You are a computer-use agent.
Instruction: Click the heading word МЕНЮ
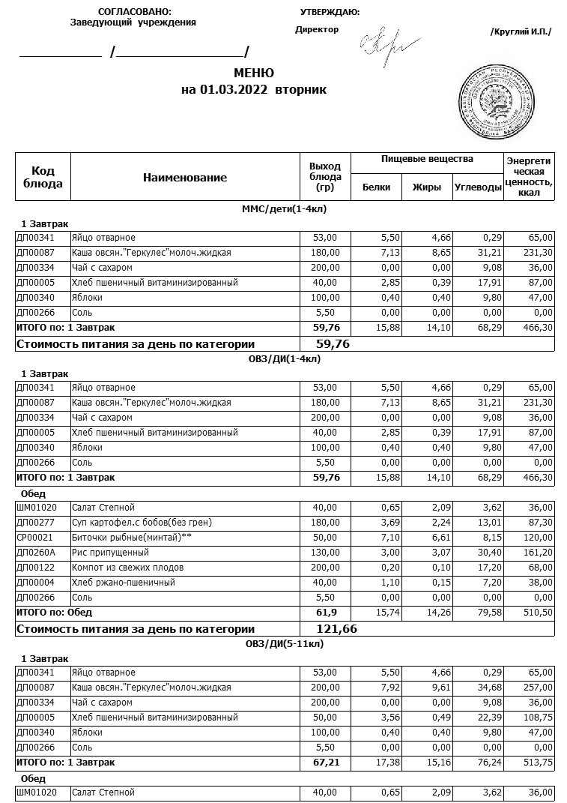pos(254,73)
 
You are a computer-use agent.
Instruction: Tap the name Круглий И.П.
pos(521,32)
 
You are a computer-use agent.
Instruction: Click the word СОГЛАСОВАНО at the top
pos(135,12)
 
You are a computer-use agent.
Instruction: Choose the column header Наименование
pos(185,178)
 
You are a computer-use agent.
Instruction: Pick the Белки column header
pos(376,187)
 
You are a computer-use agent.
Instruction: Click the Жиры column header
pos(427,187)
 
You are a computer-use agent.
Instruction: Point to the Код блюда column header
pos(43,178)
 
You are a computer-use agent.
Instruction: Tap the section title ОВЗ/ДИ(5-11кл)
pos(285,643)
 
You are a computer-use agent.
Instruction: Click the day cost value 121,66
pos(337,629)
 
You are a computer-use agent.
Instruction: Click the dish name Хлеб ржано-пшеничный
pos(123,583)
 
